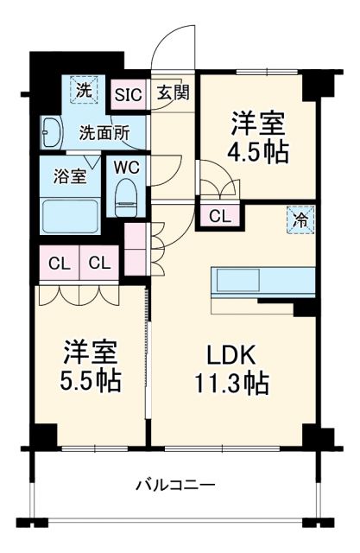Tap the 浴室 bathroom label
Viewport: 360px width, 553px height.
(x=70, y=176)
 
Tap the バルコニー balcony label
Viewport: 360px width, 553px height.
(x=175, y=484)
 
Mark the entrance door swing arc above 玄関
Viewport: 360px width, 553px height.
(x=177, y=43)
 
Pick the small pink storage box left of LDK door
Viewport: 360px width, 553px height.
(x=136, y=246)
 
